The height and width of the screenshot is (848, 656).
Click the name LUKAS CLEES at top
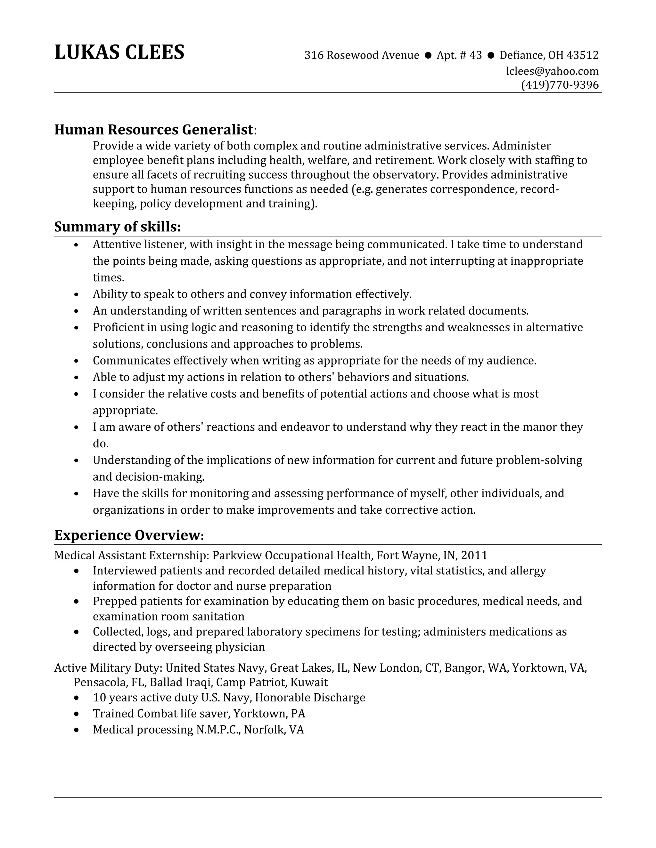[119, 52]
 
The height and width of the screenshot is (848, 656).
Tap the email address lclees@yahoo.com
[552, 71]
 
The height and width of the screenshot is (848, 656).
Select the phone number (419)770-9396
[560, 85]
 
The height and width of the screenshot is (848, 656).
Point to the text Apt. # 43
[459, 55]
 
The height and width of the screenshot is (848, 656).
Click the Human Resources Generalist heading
[154, 129]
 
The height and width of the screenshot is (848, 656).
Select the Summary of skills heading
[117, 226]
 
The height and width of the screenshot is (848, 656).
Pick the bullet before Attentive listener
[76, 245]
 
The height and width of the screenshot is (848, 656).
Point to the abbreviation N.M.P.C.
[218, 730]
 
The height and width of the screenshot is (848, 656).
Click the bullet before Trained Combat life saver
[76, 714]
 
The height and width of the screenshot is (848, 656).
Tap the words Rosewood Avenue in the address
[372, 55]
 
